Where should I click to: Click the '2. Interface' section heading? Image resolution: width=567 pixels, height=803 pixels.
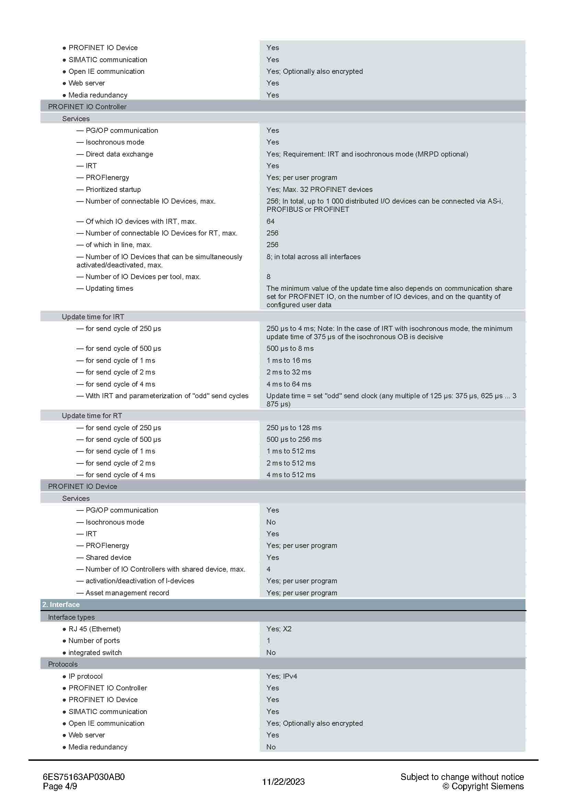61,604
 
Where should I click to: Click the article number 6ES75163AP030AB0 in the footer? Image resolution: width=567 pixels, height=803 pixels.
83,777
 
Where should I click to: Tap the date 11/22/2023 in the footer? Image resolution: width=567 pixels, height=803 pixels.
283,782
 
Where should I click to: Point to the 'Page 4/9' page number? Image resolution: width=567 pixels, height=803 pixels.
60,786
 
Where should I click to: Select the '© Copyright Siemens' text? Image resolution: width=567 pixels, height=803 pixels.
483,786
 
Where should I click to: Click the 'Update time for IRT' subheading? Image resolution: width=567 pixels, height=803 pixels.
93,317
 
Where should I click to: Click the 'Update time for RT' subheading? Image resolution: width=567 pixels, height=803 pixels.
92,416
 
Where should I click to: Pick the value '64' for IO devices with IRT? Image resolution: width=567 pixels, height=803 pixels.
270,221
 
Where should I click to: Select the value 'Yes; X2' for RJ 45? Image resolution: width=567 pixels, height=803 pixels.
279,629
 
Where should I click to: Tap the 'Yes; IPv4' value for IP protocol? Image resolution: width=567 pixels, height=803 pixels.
282,676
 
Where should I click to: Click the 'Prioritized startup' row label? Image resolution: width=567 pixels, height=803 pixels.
113,190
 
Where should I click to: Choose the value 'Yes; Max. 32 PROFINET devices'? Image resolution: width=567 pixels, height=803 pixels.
319,190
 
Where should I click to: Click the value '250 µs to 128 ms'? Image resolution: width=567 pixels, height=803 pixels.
294,428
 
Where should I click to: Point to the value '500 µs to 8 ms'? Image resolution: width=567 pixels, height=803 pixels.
290,349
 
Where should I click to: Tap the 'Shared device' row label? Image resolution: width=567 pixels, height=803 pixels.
108,558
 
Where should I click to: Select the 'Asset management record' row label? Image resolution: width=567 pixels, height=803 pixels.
127,593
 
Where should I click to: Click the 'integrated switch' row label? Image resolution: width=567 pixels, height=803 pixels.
95,653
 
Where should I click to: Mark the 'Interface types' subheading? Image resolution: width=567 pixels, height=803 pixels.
71,617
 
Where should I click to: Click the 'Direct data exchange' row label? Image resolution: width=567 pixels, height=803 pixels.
119,154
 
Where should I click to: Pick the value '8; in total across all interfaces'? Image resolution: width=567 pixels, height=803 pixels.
314,257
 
